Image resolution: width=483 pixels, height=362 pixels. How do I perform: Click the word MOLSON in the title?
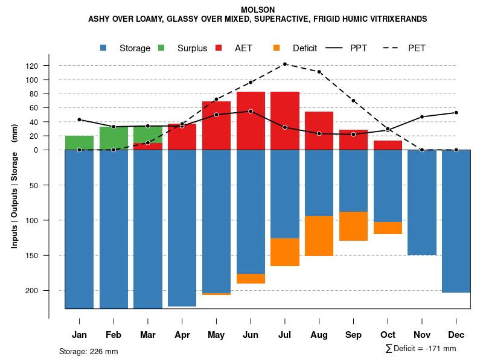(257, 10)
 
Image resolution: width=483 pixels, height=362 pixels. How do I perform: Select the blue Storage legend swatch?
(104, 48)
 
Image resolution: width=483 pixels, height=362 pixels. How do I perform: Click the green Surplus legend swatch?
(162, 48)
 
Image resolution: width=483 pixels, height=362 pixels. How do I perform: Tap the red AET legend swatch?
(219, 48)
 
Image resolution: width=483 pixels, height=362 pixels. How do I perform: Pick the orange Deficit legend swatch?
(277, 48)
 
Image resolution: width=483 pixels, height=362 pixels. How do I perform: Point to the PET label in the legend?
(417, 48)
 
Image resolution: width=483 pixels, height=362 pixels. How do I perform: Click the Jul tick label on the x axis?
(285, 335)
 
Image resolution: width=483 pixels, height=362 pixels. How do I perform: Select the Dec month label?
(456, 335)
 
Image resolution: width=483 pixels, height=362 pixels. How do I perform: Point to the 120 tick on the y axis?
(49, 66)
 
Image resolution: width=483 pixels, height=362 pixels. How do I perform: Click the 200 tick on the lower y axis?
(48, 291)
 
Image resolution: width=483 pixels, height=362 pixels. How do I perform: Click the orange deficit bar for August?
(319, 236)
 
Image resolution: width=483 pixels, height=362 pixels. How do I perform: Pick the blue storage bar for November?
(421, 202)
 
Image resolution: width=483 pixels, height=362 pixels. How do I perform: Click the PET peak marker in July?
(285, 64)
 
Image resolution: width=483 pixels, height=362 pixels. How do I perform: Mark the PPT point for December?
(456, 113)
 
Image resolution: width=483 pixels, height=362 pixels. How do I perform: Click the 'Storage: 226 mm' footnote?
(89, 351)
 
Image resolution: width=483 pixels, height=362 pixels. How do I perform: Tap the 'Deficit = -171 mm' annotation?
(421, 349)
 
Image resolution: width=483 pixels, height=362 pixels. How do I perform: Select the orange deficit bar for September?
(353, 226)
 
